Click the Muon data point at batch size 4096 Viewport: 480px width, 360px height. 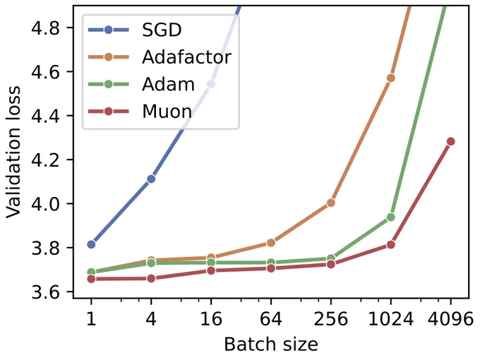tap(450, 141)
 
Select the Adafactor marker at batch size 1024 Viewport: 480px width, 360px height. tap(390, 78)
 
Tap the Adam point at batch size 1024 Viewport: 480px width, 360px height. tap(390, 217)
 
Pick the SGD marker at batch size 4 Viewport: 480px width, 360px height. tap(151, 179)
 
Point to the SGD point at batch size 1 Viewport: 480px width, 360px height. tap(91, 244)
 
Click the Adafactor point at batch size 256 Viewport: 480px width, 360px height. tap(331, 203)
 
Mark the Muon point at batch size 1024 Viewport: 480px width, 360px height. tap(390, 245)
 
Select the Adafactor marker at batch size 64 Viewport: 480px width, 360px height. tap(271, 243)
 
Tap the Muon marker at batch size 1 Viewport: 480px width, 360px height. tap(91, 279)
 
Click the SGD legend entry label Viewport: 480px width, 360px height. tap(162, 30)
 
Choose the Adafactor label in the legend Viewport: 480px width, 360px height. tap(187, 57)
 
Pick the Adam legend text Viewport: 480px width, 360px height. tap(169, 84)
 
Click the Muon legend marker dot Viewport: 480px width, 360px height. tap(109, 112)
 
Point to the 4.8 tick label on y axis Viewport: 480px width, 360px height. tap(46, 28)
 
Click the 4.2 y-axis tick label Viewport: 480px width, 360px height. tap(46, 160)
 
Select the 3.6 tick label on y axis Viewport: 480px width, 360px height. tap(46, 292)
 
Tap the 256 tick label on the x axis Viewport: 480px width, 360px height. tap(331, 319)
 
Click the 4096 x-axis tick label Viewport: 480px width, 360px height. tap(450, 319)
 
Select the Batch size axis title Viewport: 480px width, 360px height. tap(271, 344)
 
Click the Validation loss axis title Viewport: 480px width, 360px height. tap(13, 152)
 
